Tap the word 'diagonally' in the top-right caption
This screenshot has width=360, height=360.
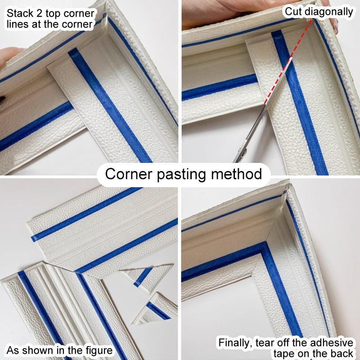[330, 12]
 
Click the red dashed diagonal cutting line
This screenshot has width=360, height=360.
[288, 63]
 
